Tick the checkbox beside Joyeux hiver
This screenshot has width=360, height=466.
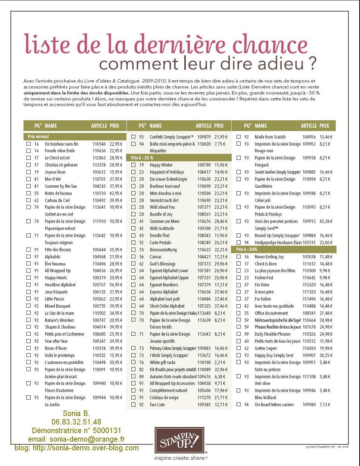click(28, 172)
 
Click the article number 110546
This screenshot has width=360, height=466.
click(99, 144)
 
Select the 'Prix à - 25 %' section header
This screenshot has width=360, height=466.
click(142, 158)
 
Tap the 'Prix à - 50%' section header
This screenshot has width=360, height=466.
click(247, 249)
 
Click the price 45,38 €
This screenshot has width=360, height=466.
click(326, 221)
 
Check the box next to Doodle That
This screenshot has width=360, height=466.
click(133, 236)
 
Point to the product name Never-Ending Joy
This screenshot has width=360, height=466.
click(269, 257)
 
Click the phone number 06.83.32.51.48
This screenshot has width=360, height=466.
click(76, 422)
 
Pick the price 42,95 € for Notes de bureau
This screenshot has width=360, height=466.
click(116, 193)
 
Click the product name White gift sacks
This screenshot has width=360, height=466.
click(162, 363)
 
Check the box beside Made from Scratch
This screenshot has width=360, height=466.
click(238, 137)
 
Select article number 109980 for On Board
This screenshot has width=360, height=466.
click(309, 405)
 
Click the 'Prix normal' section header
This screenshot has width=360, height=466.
click(38, 137)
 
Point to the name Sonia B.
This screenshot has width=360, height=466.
click(76, 413)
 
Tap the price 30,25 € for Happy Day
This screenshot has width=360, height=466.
click(326, 355)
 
